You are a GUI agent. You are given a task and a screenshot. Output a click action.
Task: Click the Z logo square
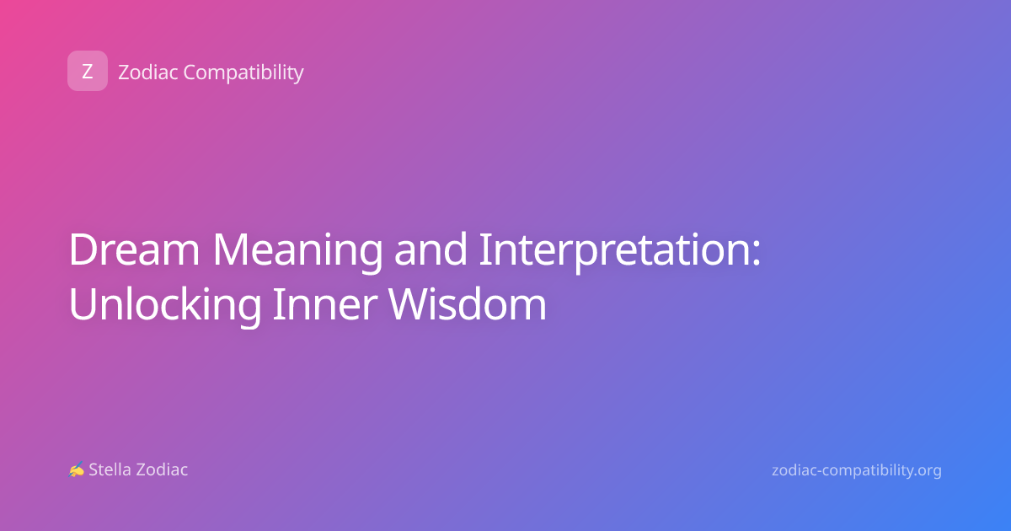coord(88,71)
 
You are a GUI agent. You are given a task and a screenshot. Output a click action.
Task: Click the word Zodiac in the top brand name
coord(148,72)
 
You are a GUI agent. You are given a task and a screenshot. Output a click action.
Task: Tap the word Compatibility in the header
coord(243,73)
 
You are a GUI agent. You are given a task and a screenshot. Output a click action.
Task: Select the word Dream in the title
coord(134,249)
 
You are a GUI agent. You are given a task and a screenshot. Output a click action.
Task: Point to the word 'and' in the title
coord(431,249)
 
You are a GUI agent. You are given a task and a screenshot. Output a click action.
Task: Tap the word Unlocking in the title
coord(165,305)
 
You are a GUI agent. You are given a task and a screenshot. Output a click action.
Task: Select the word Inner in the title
coord(325,304)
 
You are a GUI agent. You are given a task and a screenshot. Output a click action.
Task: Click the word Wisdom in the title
coord(468,303)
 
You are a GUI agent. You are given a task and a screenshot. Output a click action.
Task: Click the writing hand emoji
coord(77,469)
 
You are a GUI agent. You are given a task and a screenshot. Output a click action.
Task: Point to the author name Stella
coord(110,469)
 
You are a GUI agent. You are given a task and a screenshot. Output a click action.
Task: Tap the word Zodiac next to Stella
coord(162,469)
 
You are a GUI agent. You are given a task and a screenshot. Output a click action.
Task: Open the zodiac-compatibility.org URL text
coord(857,470)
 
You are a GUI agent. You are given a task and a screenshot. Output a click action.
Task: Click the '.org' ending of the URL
coord(927,471)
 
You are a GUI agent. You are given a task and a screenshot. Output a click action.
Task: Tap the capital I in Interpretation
coord(484,249)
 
